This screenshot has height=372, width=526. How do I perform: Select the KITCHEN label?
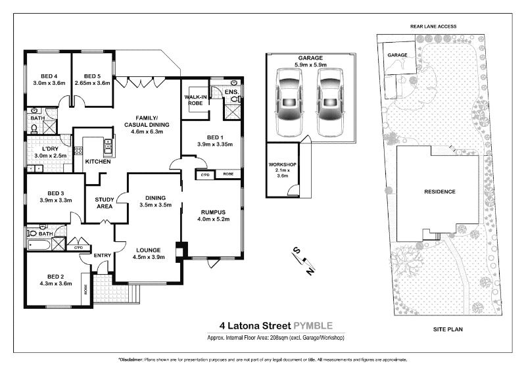coord(97,161)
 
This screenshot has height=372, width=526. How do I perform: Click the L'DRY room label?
coord(49,148)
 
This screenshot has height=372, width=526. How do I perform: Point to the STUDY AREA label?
coord(105,202)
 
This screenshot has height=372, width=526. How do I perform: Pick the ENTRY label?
coord(102,256)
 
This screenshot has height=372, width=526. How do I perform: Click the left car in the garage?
coord(289,102)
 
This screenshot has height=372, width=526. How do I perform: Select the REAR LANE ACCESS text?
coord(433,26)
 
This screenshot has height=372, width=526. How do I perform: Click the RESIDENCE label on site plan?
coord(440,191)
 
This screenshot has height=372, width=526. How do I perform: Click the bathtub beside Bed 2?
coord(39,245)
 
